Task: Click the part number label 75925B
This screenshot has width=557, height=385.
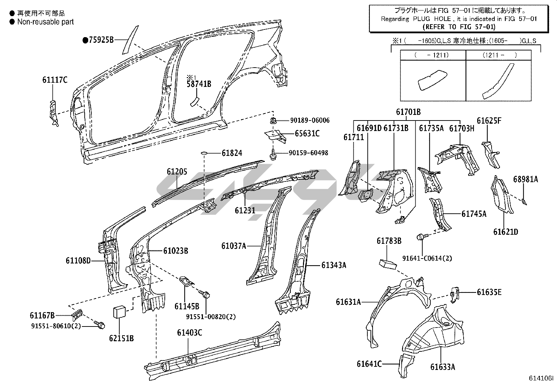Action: coord(101,40)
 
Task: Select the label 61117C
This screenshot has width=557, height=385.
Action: coord(55,80)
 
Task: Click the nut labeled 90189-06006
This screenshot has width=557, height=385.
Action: coord(273,121)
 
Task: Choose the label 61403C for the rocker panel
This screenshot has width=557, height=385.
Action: coord(189,332)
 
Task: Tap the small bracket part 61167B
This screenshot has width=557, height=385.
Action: coord(77,314)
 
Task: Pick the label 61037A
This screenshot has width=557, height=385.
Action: coord(233,246)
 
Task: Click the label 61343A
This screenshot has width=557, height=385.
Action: coord(333,265)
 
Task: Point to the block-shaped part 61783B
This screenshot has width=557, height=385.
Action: coord(387,263)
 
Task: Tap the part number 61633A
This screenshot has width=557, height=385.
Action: coord(443,367)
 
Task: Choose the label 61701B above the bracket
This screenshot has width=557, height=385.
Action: coord(408,112)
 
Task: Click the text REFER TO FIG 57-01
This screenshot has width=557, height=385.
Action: coord(459,27)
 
